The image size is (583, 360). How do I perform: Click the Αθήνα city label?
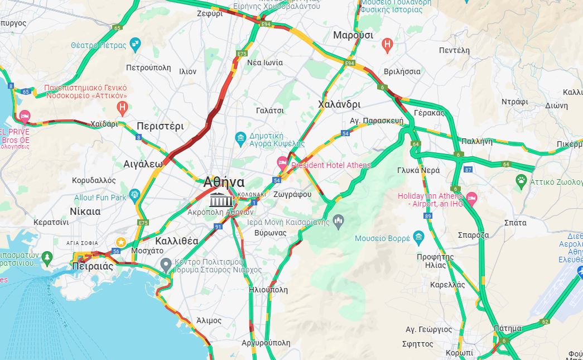224,182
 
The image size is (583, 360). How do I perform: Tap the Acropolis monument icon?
221,199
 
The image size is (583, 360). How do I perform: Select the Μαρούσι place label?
353,35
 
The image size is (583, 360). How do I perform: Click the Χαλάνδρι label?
339,104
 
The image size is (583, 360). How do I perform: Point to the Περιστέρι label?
160,126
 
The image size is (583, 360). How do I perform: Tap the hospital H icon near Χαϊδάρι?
122,106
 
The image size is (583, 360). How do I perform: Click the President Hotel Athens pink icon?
283,164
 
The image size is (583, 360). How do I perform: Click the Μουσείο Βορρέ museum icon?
419,238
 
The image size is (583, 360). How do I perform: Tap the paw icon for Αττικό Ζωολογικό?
521,180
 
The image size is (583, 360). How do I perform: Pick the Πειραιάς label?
93,266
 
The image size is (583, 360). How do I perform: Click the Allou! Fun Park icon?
134,194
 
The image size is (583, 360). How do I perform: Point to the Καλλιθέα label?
176,241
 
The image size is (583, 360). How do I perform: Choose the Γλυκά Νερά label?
418,170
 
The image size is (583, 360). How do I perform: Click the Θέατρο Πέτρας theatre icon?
134,43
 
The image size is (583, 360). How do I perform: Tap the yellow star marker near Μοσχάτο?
120,241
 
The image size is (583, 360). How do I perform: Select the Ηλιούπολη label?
268,290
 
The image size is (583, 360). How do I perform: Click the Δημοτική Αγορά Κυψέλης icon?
240,138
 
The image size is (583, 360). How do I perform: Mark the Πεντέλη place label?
454,50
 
